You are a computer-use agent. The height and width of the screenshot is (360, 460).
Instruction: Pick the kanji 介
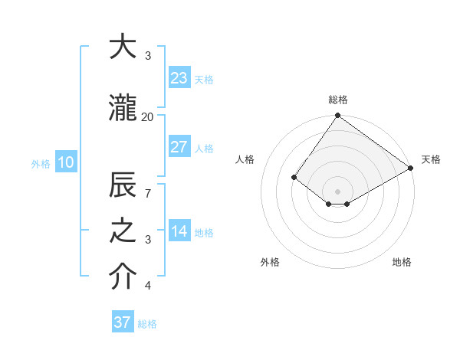(x=123, y=278)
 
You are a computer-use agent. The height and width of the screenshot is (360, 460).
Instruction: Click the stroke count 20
(x=147, y=116)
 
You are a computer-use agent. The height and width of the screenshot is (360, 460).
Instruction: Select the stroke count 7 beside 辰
(x=148, y=195)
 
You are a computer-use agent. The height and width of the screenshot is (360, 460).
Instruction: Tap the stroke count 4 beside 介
(x=148, y=286)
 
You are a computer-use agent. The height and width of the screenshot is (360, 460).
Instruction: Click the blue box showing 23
(x=179, y=78)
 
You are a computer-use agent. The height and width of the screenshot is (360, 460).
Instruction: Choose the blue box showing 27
(x=179, y=147)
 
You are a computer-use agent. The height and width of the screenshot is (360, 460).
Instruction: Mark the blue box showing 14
(x=179, y=232)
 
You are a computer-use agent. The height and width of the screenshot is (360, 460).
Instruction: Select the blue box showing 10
(x=66, y=162)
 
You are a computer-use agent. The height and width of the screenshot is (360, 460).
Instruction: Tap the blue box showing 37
(x=123, y=322)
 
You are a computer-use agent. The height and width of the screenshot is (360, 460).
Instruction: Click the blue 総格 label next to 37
(x=148, y=324)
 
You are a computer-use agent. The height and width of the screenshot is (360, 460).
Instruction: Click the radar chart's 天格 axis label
(x=431, y=159)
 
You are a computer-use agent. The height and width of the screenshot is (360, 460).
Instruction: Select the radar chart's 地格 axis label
(x=402, y=262)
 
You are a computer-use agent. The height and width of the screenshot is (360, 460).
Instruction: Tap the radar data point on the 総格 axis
(x=337, y=116)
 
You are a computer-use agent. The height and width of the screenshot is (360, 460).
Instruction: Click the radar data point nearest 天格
(x=411, y=168)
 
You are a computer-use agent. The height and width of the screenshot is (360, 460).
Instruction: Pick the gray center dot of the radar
(x=337, y=191)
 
